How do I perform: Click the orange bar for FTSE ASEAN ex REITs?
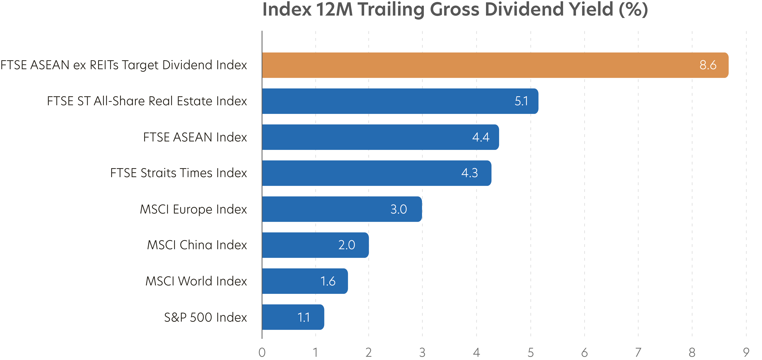[x=473, y=65]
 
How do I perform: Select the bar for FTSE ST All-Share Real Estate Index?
[x=385, y=101]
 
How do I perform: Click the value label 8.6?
[x=708, y=65]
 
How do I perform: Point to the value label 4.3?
[x=470, y=173]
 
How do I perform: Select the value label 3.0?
[x=398, y=209]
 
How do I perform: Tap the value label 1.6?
[x=328, y=281]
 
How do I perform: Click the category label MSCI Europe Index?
[x=193, y=209]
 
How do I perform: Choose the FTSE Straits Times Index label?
[x=178, y=173]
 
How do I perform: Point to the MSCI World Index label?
[x=196, y=281]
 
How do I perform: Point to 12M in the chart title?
[x=334, y=10]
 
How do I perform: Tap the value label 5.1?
[x=521, y=101]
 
